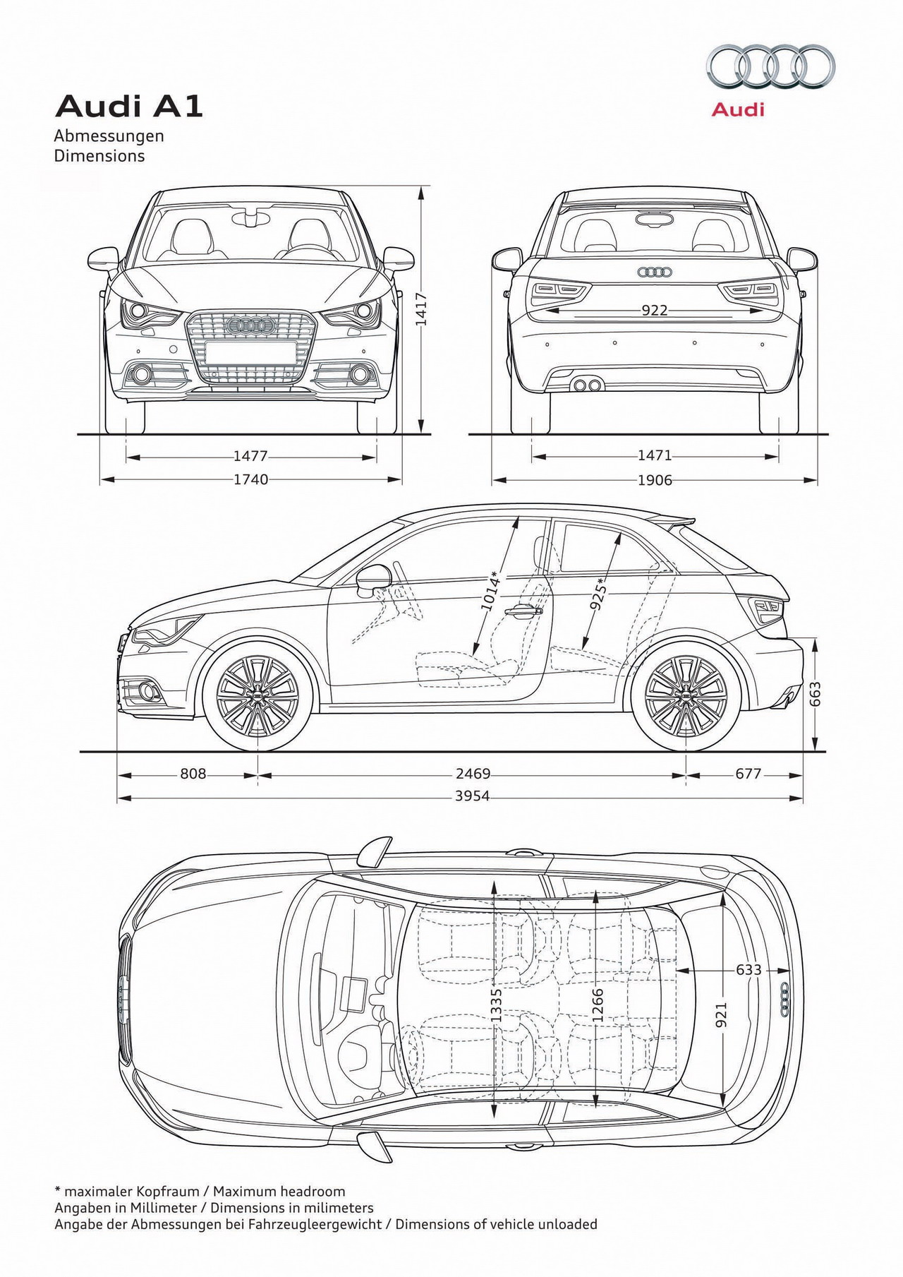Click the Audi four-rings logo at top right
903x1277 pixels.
[771, 67]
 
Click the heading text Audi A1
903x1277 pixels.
[129, 107]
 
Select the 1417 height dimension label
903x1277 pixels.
[421, 309]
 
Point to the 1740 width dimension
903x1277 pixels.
[250, 480]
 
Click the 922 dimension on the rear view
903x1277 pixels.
[655, 311]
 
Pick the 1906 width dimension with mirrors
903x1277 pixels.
[655, 480]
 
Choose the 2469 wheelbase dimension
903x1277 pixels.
[472, 774]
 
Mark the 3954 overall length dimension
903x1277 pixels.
[472, 797]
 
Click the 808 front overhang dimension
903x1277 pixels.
[193, 774]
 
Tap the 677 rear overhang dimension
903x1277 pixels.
[748, 774]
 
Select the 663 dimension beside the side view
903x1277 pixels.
[816, 694]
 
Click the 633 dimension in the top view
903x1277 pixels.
[749, 970]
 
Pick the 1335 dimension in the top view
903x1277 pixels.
[496, 1005]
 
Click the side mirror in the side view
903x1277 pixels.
[373, 580]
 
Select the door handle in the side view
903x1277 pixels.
[526, 611]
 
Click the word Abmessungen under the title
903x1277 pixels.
[109, 136]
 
